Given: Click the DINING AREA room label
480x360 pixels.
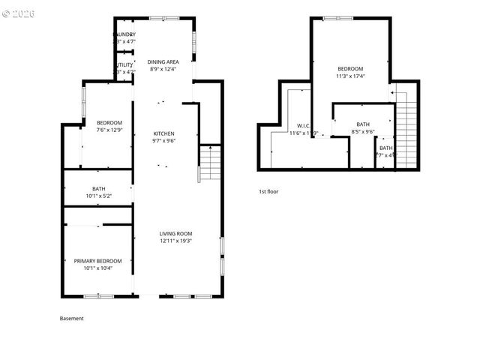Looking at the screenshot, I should tap(163, 61).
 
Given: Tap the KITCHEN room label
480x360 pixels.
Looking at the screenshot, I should tap(163, 133).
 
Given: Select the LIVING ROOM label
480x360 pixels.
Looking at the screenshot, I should tap(176, 233).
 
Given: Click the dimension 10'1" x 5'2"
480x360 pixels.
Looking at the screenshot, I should tap(99, 196).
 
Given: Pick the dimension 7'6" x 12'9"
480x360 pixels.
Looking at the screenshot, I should tap(109, 130).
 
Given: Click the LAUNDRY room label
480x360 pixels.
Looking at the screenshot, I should tap(124, 34).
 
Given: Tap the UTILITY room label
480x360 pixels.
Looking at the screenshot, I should tap(124, 65).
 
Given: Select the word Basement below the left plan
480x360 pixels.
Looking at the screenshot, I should tap(72, 318).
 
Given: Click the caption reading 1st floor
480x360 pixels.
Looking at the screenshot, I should tap(268, 191).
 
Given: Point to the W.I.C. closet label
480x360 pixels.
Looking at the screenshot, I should tap(304, 125).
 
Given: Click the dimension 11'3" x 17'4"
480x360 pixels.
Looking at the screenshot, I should tap(350, 76).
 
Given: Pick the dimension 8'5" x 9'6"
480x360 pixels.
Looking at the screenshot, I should tap(363, 132).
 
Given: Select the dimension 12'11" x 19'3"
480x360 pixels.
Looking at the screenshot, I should tap(176, 241).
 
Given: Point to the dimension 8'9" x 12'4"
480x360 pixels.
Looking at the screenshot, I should tap(163, 69).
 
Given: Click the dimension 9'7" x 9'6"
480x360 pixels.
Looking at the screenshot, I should tap(163, 140).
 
